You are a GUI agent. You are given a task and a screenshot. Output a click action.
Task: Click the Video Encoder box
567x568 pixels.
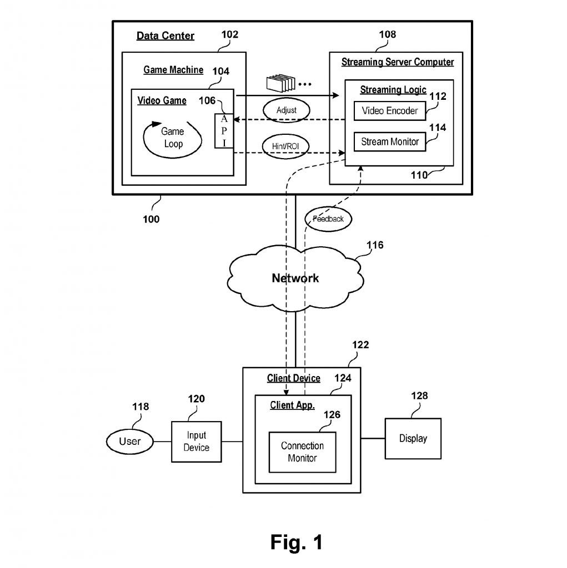click(390, 111)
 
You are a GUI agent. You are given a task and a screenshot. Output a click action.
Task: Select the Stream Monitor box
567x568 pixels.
click(390, 141)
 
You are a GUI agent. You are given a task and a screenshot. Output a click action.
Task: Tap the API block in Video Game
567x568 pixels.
click(224, 131)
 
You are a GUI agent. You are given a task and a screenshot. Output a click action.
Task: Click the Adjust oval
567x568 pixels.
click(286, 110)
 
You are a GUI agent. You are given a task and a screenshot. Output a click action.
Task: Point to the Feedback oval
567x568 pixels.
click(328, 219)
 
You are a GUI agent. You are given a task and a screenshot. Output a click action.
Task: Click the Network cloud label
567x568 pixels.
click(295, 278)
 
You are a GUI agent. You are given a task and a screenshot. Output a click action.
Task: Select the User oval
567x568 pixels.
click(129, 442)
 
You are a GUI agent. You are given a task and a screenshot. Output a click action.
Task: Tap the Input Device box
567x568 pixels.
click(197, 442)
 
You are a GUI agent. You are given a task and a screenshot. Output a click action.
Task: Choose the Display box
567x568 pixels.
click(413, 439)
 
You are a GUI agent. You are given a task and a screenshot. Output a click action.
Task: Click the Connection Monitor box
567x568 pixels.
click(302, 452)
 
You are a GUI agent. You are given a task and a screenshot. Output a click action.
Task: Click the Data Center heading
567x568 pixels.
click(165, 36)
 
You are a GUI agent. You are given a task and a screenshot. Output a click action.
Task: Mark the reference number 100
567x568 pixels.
click(150, 219)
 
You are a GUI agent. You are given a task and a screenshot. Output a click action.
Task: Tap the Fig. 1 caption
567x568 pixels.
click(297, 542)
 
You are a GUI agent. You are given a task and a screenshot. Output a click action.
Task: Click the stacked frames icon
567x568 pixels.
click(280, 84)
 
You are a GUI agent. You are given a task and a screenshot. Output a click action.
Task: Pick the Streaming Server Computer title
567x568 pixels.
click(397, 62)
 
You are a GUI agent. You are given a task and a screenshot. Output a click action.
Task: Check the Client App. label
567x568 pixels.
click(292, 405)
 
